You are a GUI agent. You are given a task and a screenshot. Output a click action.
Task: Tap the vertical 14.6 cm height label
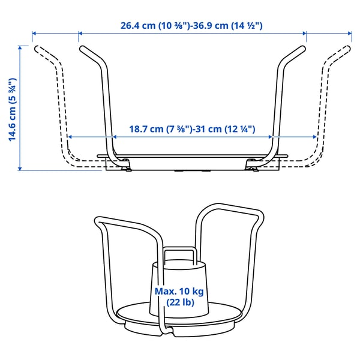click(x=12, y=109)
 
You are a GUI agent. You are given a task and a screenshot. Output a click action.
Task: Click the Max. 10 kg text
click(x=179, y=291)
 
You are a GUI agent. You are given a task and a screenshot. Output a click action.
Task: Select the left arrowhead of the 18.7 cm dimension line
click(x=69, y=137)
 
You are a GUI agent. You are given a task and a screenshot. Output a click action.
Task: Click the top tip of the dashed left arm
click(x=36, y=46)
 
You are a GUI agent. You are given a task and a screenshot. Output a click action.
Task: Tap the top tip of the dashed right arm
click(x=349, y=46)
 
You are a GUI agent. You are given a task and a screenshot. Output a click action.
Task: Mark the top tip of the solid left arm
click(x=81, y=46)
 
